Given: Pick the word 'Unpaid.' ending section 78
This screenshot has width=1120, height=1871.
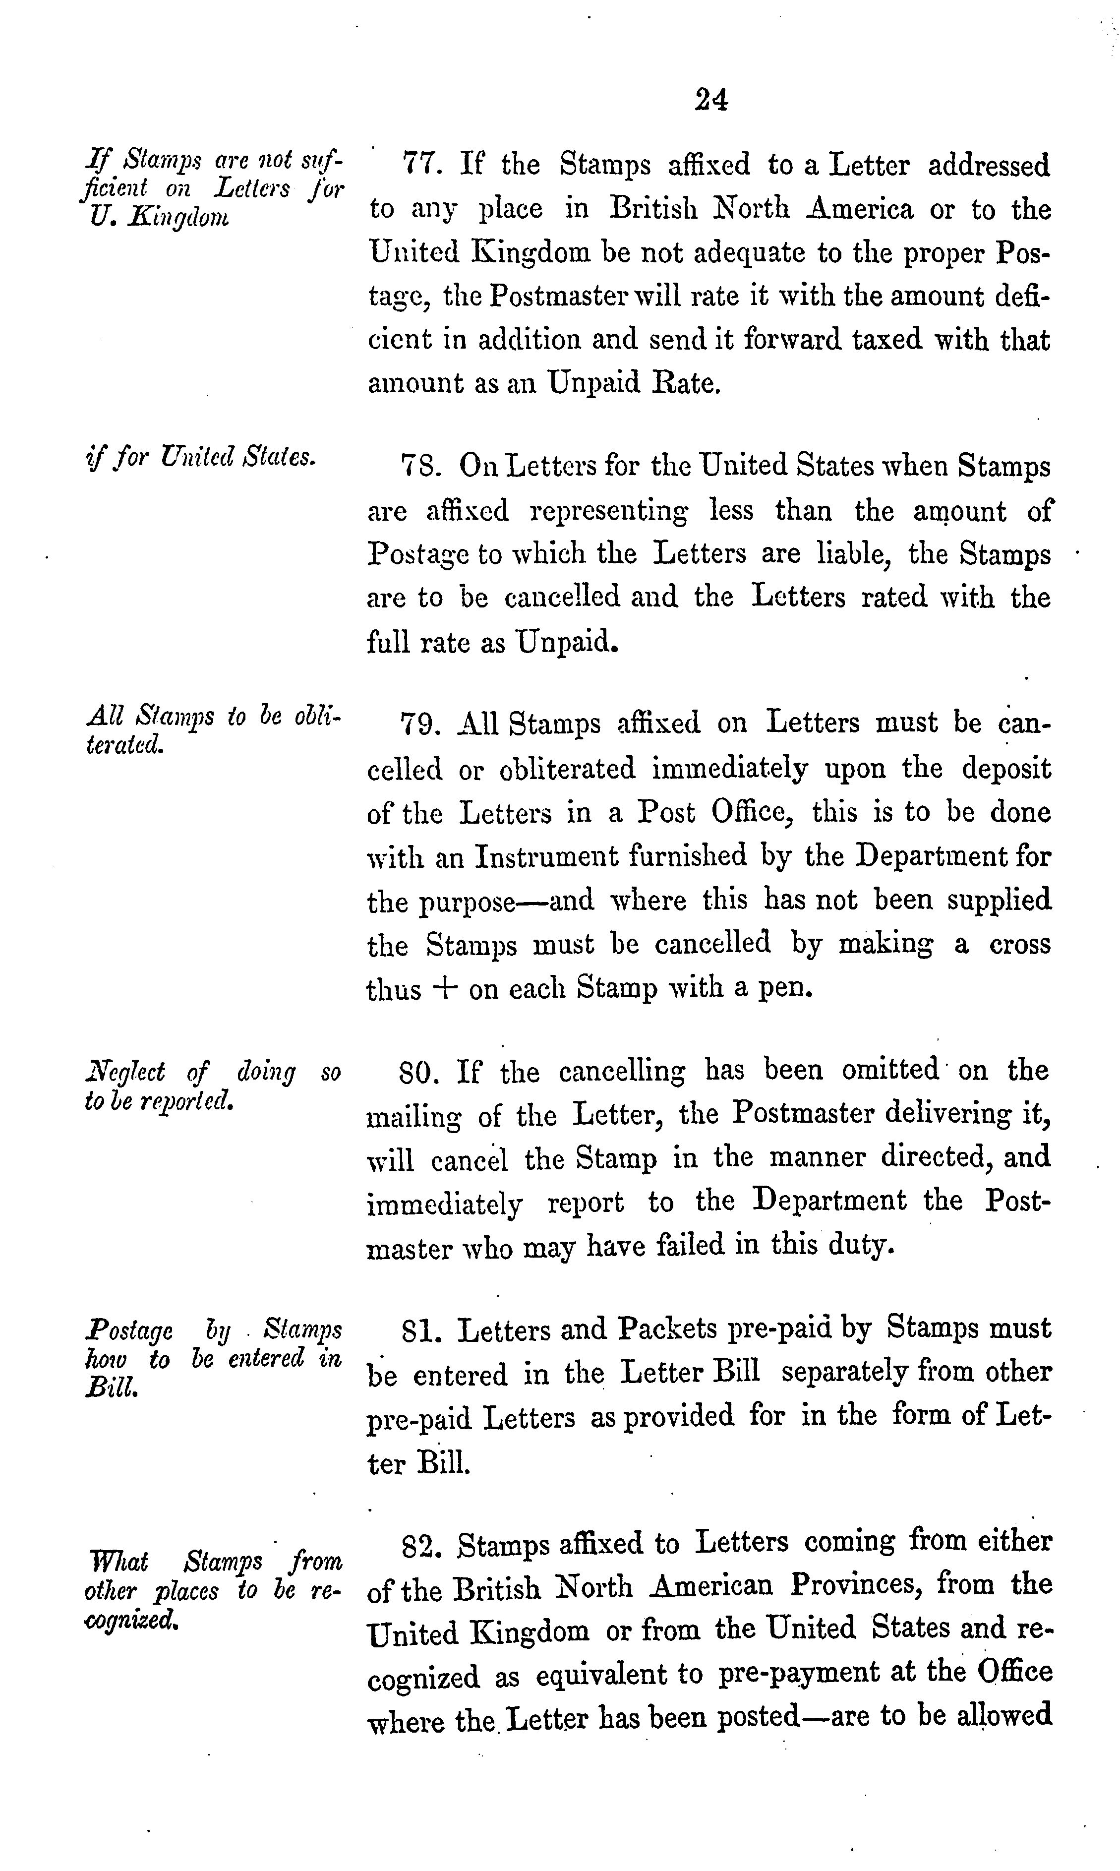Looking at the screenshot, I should [567, 642].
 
